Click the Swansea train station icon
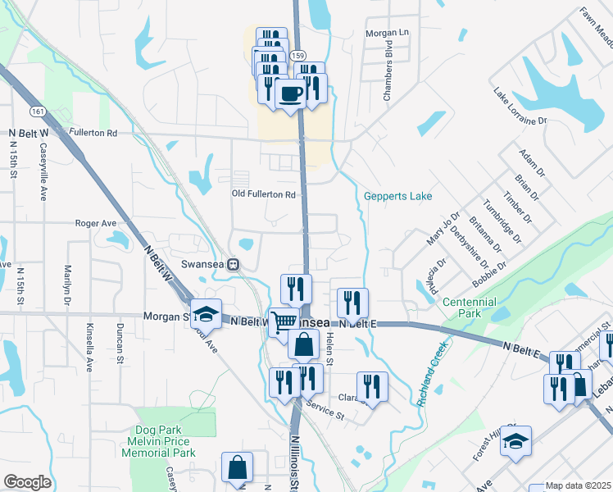point(234,264)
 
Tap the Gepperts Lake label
point(398,196)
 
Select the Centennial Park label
point(470,307)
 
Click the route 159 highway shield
point(300,55)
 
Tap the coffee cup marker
point(290,94)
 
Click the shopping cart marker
point(284,321)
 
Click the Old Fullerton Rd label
point(263,194)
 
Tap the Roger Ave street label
point(96,223)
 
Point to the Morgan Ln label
point(386,32)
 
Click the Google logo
point(28,482)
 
